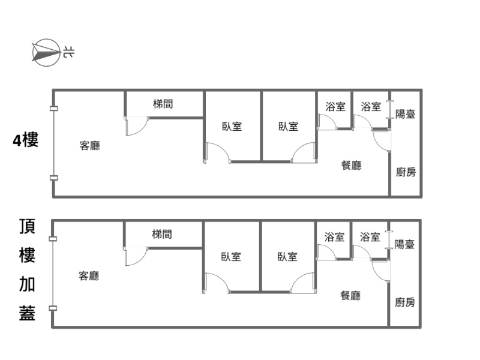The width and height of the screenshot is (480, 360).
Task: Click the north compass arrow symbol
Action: pos(46,53)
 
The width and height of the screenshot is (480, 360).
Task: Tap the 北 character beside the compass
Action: pos(68,53)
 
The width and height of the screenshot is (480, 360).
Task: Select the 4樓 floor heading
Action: pos(26,140)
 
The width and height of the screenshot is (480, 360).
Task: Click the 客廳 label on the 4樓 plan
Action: pos(89,145)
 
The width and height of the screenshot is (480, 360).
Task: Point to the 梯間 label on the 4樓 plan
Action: pos(163,104)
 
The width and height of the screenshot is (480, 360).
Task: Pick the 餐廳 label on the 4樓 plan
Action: pos(352,166)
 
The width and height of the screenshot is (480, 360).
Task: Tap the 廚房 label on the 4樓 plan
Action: pos(406,172)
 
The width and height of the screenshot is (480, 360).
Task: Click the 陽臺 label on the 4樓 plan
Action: pos(406,114)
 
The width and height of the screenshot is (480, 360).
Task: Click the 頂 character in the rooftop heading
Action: pos(27,226)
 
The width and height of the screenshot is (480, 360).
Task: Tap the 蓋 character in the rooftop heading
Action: pos(27,313)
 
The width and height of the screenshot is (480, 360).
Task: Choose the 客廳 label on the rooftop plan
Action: pos(89,276)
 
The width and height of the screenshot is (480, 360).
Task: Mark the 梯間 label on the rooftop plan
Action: pos(162,234)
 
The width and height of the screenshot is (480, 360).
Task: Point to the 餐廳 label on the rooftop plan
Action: pos(350,295)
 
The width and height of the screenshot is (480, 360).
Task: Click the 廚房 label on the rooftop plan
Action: pos(405,302)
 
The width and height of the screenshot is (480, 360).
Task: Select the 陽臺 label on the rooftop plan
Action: pos(404,244)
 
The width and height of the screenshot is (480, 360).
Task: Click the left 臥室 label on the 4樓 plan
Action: pos(232,127)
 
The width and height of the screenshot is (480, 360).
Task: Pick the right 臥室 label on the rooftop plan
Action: pos(287,257)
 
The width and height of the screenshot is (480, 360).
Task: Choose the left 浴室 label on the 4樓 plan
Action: pos(335,107)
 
